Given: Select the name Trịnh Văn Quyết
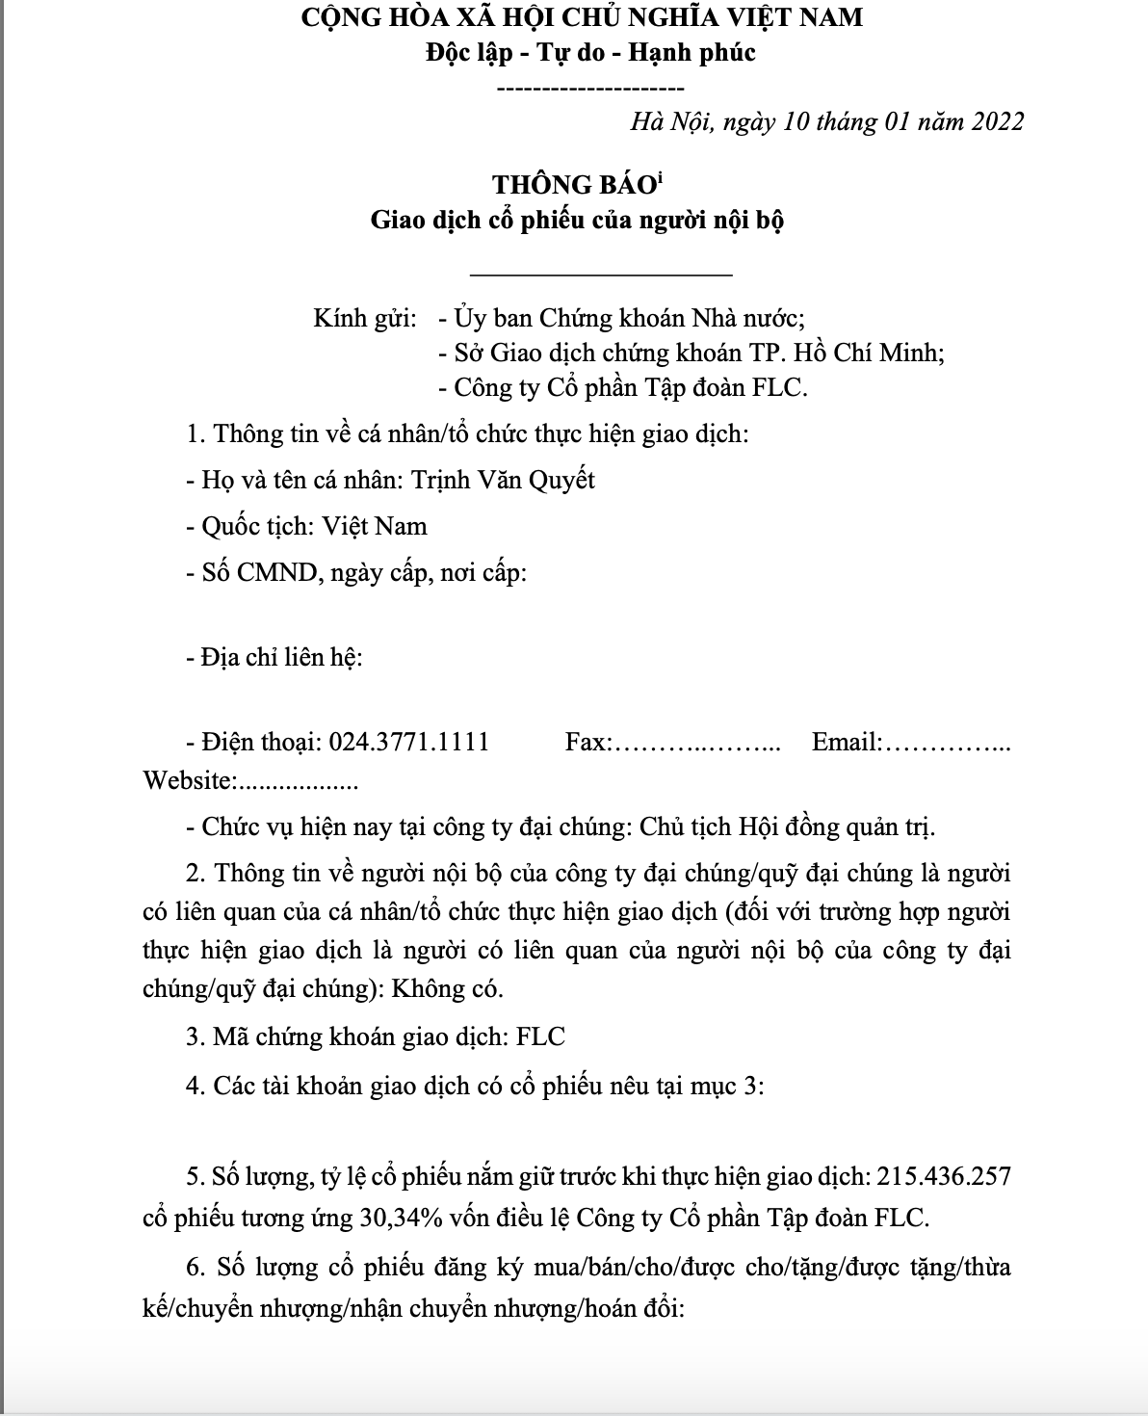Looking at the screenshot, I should [x=503, y=480].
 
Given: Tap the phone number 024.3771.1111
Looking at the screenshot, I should [x=409, y=742].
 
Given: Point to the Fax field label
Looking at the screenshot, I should [x=587, y=742].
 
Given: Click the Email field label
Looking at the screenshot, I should [x=847, y=742].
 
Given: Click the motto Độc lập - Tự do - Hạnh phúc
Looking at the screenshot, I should [x=590, y=52].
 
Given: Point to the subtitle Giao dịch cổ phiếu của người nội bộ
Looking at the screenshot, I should [x=578, y=220].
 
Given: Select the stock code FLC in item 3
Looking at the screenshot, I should [x=541, y=1036].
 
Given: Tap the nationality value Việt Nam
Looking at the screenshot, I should [x=375, y=527].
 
